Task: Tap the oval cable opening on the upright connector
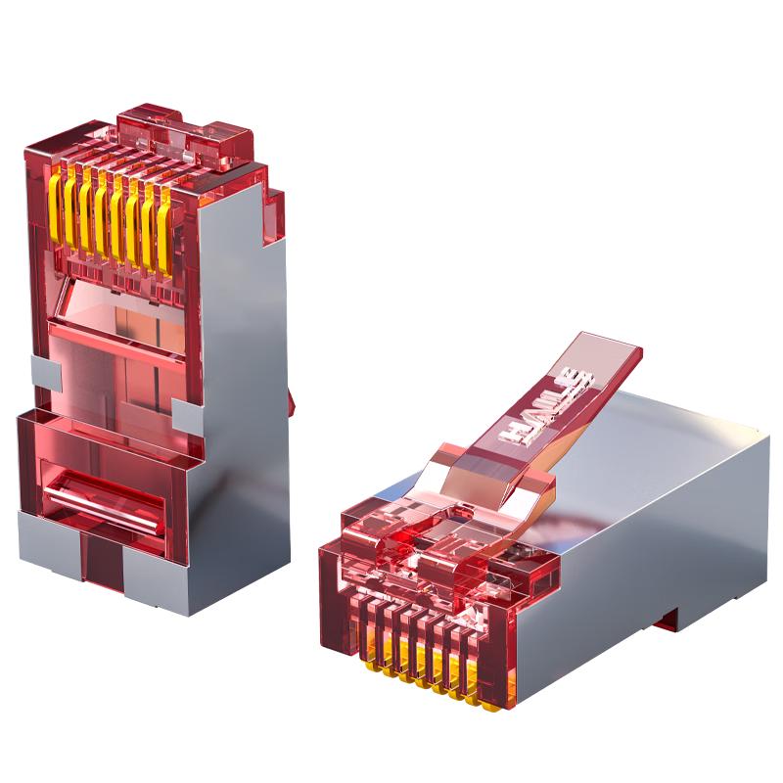104,500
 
